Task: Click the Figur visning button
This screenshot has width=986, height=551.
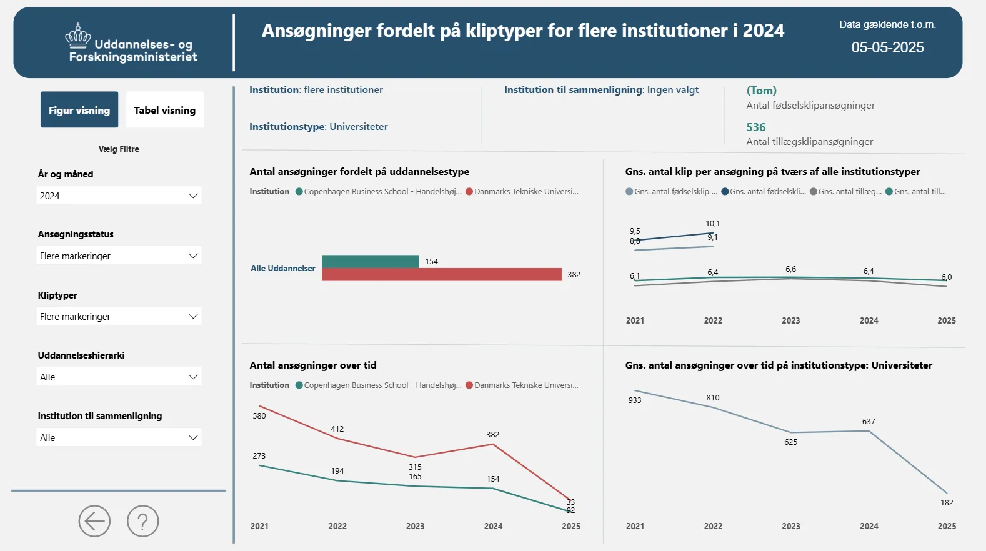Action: coord(79,110)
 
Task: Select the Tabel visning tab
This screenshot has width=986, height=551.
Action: coord(164,110)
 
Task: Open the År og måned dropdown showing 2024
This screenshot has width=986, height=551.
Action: coord(119,196)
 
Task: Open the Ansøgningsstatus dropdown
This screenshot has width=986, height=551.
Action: coord(119,256)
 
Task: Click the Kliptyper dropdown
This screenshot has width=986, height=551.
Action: coord(119,316)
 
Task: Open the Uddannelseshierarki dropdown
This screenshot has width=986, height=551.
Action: coord(119,377)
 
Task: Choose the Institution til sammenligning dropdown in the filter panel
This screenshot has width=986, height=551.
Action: coord(119,437)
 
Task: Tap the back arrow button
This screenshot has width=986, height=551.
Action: coord(94,521)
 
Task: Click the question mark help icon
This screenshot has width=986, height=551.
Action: coord(143,521)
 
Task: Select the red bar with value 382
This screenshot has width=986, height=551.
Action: coord(442,274)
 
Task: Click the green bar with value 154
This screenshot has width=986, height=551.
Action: coord(370,261)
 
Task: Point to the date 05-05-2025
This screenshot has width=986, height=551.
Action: coord(887,47)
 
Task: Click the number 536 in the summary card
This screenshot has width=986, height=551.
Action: coord(755,127)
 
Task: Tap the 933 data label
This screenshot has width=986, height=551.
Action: coord(635,400)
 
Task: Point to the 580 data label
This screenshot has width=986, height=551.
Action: coord(259,416)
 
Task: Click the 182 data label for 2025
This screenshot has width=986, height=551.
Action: coord(947,503)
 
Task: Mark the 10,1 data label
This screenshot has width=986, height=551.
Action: coord(712,224)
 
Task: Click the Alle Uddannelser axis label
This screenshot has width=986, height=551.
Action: coord(283,269)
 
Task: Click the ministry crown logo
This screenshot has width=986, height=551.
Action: coord(78,37)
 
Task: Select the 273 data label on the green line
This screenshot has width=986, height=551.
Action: coord(259,456)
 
